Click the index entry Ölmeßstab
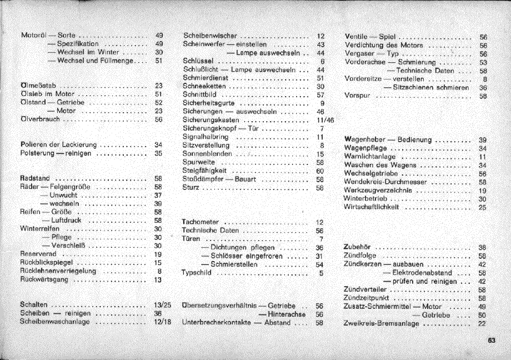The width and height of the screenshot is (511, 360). click(36, 86)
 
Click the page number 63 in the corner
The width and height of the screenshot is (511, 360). click(492, 341)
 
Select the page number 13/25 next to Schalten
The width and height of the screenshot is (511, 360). click(162, 306)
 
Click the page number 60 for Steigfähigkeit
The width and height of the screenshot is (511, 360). click(320, 171)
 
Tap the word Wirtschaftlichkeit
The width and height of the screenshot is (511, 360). click(373, 207)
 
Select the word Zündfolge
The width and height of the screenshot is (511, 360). click(359, 256)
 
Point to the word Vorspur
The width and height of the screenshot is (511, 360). click(357, 96)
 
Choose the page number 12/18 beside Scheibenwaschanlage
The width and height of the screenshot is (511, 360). click(162, 322)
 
